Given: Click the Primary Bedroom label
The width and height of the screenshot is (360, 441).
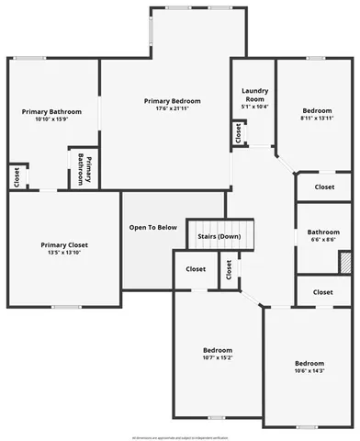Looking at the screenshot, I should click(x=172, y=100).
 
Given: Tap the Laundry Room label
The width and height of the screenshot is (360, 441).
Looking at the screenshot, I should click(x=254, y=95).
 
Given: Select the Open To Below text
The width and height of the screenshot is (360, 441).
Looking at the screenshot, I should click(x=152, y=227).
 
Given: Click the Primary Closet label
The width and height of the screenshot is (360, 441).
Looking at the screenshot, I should click(x=64, y=244).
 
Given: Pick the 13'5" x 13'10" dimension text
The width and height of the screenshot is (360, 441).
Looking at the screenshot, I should click(x=64, y=253).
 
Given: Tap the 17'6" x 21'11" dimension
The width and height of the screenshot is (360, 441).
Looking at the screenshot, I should click(x=172, y=108).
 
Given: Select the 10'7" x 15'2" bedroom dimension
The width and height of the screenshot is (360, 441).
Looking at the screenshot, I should click(x=218, y=358).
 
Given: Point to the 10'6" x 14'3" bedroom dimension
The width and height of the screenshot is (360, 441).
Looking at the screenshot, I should click(x=309, y=371).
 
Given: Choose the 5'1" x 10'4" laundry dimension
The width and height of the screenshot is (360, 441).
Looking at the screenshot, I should click(x=254, y=108).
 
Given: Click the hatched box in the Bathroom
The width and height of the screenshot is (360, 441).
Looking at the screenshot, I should click(x=345, y=261).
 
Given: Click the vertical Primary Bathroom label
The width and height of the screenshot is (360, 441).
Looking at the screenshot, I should click(x=80, y=168).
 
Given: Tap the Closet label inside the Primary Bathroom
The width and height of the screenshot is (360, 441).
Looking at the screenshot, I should click(x=17, y=176).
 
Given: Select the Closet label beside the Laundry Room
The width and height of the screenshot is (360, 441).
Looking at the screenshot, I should click(x=239, y=133).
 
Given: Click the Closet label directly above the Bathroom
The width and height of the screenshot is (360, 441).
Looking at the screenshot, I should click(x=324, y=187).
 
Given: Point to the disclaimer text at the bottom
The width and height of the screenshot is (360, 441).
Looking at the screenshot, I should click(x=180, y=437).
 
